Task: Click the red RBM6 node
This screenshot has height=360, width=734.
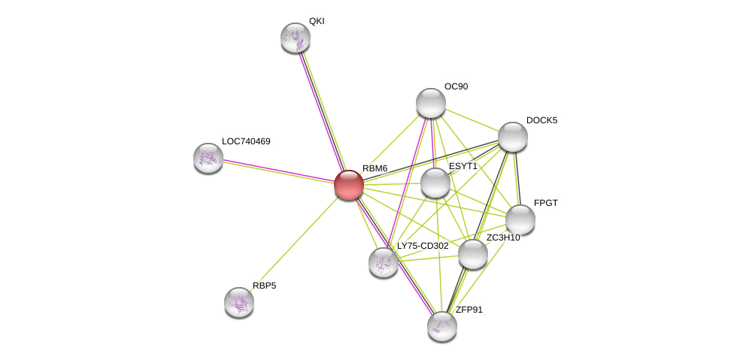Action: (x=349, y=185)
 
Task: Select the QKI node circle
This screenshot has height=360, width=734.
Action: (x=296, y=38)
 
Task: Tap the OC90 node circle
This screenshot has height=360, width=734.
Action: (x=431, y=103)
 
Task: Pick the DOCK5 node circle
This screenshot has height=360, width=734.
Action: (x=513, y=137)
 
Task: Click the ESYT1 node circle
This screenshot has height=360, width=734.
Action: (x=435, y=183)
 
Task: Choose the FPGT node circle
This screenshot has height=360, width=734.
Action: (x=520, y=219)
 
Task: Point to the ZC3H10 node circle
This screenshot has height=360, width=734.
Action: (x=473, y=254)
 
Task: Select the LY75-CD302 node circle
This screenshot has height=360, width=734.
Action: (x=384, y=262)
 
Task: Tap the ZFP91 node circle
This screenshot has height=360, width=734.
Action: (x=442, y=326)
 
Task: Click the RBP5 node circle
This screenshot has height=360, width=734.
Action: (x=239, y=302)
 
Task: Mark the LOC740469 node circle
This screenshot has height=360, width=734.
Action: (x=208, y=158)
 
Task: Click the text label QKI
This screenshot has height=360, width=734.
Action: (x=317, y=21)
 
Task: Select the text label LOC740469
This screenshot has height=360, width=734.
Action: (x=246, y=141)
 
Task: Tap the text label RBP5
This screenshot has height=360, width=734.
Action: (x=264, y=286)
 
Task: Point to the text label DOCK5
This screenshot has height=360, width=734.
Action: (x=541, y=120)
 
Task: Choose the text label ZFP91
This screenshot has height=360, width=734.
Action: (x=469, y=310)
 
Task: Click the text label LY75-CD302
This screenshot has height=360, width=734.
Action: (x=423, y=246)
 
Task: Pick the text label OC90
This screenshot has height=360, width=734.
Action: (x=456, y=86)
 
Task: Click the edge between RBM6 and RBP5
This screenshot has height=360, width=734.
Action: (x=294, y=244)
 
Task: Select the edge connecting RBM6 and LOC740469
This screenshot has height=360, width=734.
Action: (x=278, y=171)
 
